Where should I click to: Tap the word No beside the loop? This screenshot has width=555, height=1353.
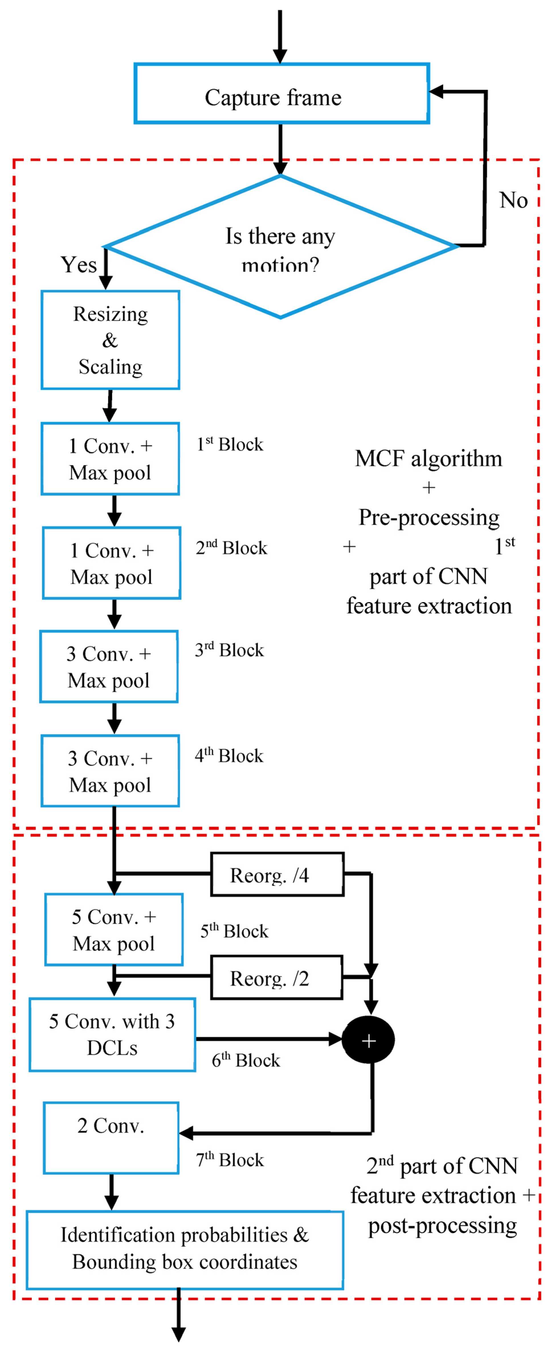(x=513, y=200)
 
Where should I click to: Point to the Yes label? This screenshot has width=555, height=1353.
(x=79, y=265)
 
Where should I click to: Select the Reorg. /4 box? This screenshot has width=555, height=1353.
(x=277, y=875)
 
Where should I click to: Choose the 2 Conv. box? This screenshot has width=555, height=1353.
(x=111, y=1138)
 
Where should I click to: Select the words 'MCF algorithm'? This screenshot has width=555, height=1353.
(x=429, y=458)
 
